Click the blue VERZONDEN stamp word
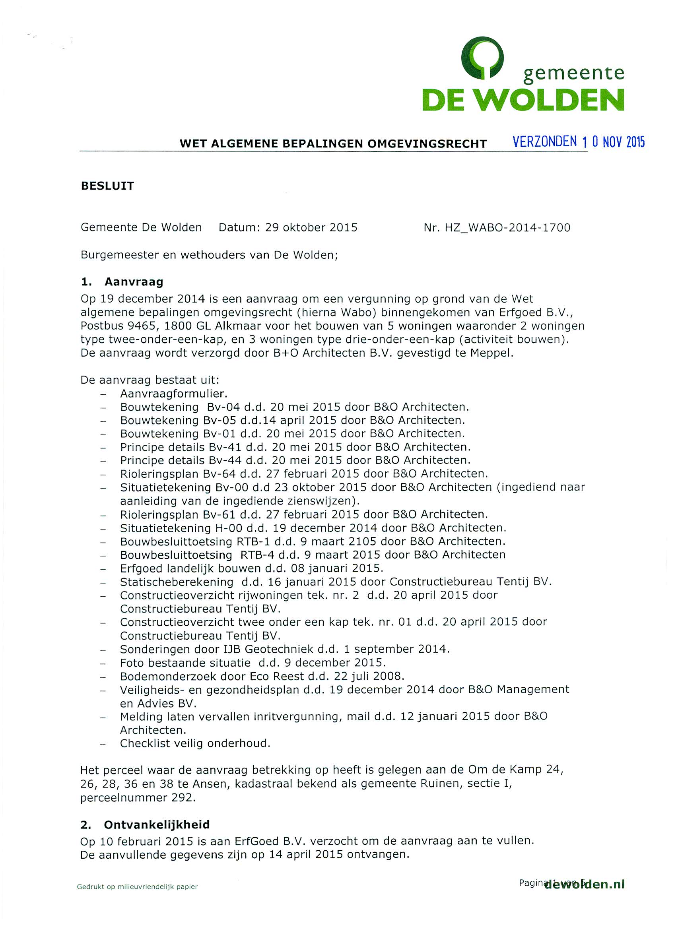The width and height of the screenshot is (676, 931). coord(545,142)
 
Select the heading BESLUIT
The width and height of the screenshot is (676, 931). coord(107,186)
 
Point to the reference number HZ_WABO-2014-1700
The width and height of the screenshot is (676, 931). coord(508,228)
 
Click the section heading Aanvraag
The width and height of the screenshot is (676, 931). coord(134,282)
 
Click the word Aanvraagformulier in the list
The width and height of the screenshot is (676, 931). coord(173,394)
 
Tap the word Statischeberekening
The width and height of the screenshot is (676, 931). coord(177,582)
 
